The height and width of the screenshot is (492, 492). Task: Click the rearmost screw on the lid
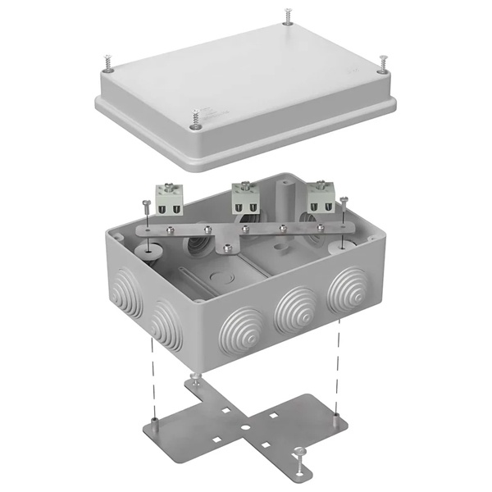click(x=288, y=16)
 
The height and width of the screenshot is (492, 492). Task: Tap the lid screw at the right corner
click(x=383, y=64)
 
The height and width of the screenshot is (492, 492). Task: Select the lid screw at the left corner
click(x=107, y=63)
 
